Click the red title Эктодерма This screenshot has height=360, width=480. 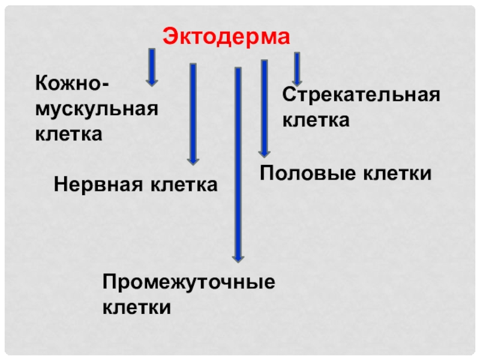[x=226, y=37]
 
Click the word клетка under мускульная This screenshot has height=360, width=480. [x=68, y=133]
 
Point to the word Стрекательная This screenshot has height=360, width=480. [x=361, y=95]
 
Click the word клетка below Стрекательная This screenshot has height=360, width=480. [x=316, y=120]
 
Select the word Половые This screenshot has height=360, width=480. [x=305, y=173]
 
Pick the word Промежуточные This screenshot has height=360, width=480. [x=188, y=282]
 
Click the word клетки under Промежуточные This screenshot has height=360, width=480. [x=137, y=307]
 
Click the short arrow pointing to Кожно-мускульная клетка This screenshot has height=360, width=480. [x=152, y=66]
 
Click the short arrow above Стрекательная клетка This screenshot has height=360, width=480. [x=296, y=68]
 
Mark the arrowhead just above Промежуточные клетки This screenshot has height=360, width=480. [x=238, y=257]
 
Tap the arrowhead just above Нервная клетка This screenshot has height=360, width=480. [x=193, y=160]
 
